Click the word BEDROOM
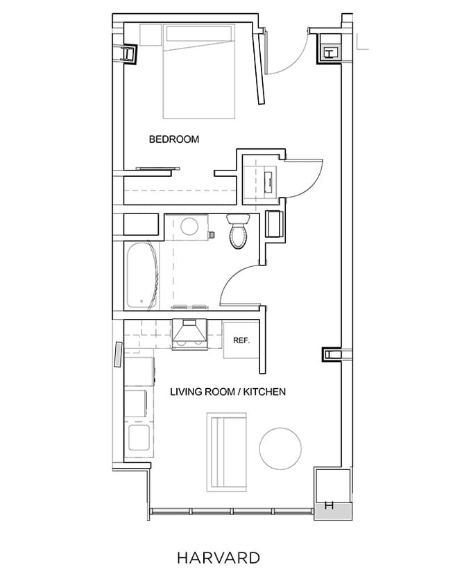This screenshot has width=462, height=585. click(x=174, y=139)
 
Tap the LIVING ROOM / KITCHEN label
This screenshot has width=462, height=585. click(x=228, y=392)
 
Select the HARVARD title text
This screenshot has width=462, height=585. click(x=218, y=557)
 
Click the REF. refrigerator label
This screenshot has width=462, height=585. click(x=241, y=341)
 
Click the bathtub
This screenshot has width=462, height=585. click(x=144, y=276)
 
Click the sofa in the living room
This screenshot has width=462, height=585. click(x=227, y=450)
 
